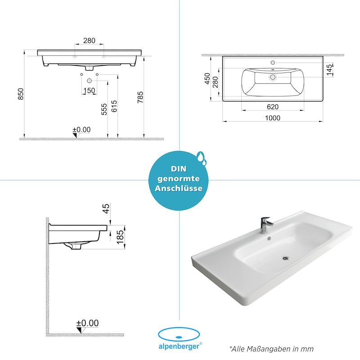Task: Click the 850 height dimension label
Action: point(21,94)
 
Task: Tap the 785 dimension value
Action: point(140,97)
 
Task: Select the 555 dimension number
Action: point(104,109)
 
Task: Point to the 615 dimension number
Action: point(114,106)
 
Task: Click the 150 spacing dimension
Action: point(89,90)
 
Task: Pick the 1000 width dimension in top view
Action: point(273,118)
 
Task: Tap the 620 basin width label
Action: point(273,107)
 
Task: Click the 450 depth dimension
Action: point(207,78)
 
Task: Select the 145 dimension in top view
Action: point(329,70)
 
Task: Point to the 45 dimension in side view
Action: point(106,209)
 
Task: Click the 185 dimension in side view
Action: point(120,237)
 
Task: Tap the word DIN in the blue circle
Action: point(178,169)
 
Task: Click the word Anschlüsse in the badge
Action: point(179,188)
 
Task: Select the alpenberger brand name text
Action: point(179,346)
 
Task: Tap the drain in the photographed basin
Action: point(286,258)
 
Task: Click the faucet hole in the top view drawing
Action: point(273,63)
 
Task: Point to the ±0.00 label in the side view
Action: point(87,323)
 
